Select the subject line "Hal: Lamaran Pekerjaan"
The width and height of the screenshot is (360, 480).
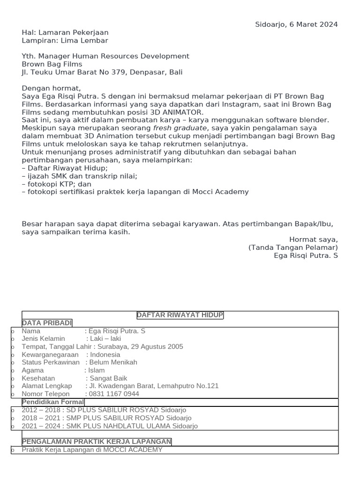[x=65, y=32]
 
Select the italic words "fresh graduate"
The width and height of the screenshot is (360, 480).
[x=180, y=128]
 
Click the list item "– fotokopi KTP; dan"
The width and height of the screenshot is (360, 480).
[x=57, y=184]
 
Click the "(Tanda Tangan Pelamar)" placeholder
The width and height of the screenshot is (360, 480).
[x=293, y=247]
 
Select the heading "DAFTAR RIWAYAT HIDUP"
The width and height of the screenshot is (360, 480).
[x=180, y=315]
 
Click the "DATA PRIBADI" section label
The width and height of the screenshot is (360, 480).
[x=47, y=323]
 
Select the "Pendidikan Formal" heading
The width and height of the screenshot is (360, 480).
[x=53, y=402]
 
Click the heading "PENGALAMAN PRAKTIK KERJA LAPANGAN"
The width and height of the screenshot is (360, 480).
[x=97, y=442]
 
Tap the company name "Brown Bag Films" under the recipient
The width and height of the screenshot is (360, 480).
[x=52, y=64]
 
